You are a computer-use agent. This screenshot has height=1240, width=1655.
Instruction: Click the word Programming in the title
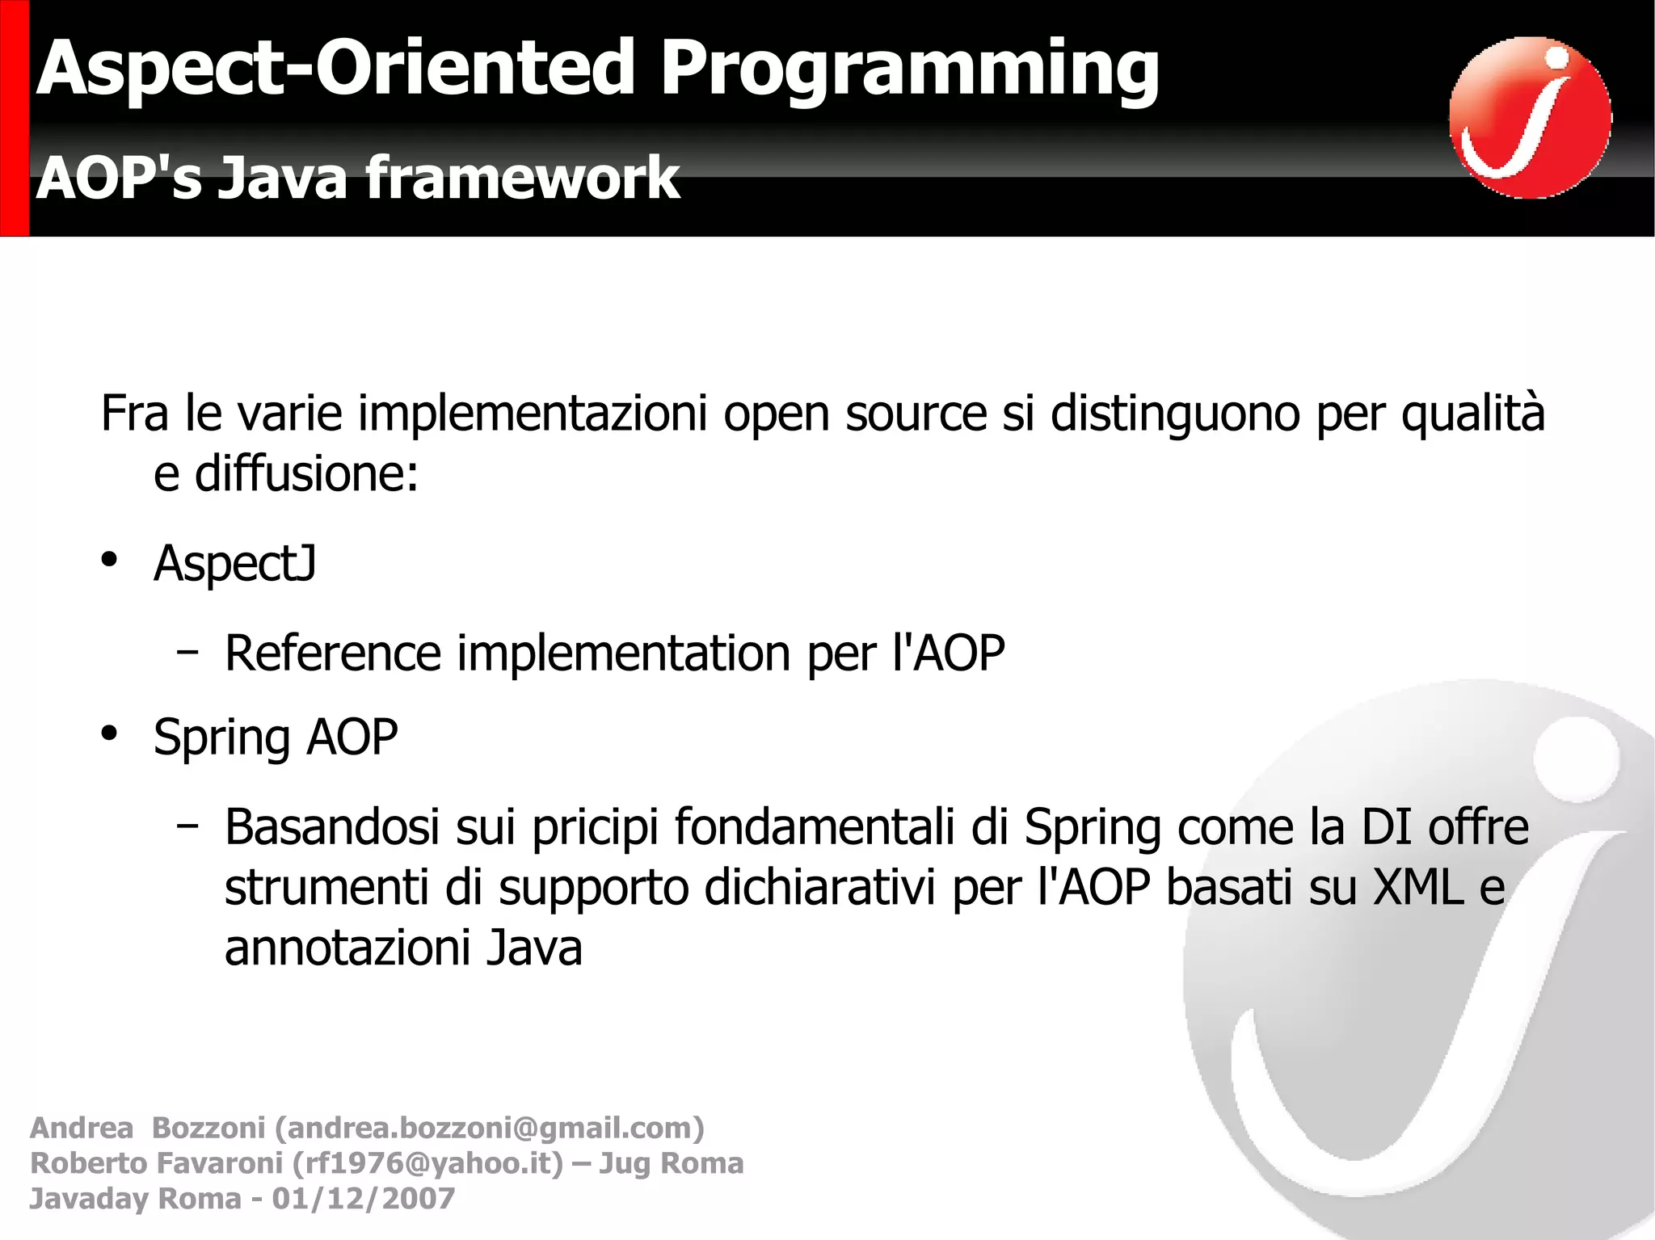[909, 71]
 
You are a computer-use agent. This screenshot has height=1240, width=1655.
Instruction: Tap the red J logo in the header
[1530, 117]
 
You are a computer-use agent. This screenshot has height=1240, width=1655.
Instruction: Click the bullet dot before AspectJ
[110, 560]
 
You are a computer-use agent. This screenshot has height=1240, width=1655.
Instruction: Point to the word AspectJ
[234, 563]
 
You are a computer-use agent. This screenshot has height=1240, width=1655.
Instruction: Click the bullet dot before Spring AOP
[110, 733]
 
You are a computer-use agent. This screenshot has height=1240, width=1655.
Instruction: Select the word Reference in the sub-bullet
[332, 653]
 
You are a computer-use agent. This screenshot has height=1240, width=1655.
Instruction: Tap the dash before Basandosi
[187, 826]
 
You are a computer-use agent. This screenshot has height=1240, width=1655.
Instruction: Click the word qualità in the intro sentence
[1472, 414]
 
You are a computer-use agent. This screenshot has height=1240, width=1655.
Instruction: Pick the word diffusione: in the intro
[306, 474]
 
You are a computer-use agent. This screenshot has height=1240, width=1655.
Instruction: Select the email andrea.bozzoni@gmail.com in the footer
[490, 1128]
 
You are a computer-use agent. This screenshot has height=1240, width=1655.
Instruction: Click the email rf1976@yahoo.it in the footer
[427, 1163]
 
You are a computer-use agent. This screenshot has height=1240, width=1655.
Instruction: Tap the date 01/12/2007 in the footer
[364, 1199]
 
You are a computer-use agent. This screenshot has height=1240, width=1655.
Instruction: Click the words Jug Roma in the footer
[671, 1163]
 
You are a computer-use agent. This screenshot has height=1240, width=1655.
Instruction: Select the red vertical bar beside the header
[14, 118]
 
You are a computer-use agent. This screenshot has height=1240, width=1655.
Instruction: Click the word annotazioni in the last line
[346, 948]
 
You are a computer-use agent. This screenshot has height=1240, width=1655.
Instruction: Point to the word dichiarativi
[819, 888]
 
